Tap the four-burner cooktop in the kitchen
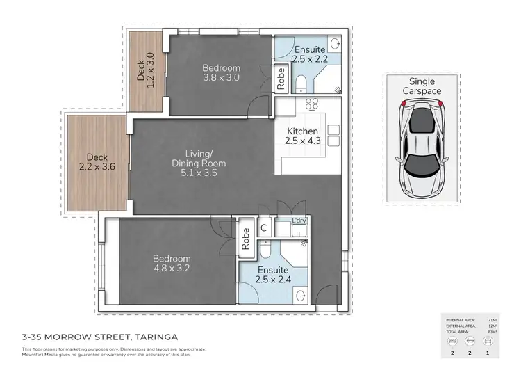[312, 105]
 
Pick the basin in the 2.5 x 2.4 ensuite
[299, 295]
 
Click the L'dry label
[299, 220]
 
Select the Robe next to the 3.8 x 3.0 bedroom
[281, 78]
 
